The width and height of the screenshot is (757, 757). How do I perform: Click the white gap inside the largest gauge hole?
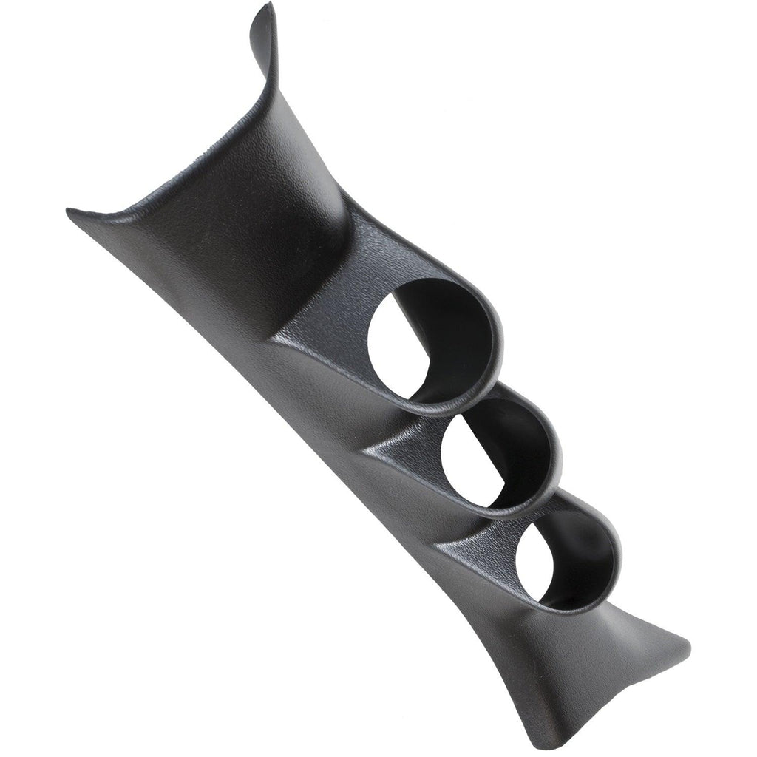(392, 347)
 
